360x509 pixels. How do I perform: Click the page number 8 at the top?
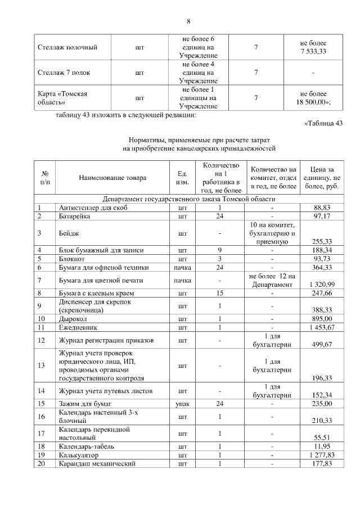pos(188,21)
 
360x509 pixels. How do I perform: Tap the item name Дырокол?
pos(72,319)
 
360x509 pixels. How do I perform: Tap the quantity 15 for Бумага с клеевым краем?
pos(220,293)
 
